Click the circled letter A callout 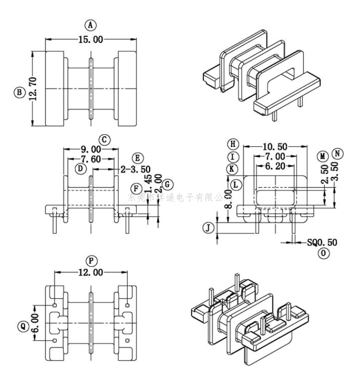pyautogui.click(x=90, y=25)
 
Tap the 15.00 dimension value pyautogui.click(x=90, y=39)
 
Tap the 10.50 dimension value pyautogui.click(x=275, y=146)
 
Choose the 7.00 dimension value pyautogui.click(x=275, y=157)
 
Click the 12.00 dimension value pyautogui.click(x=90, y=273)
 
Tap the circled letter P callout pyautogui.click(x=90, y=261)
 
